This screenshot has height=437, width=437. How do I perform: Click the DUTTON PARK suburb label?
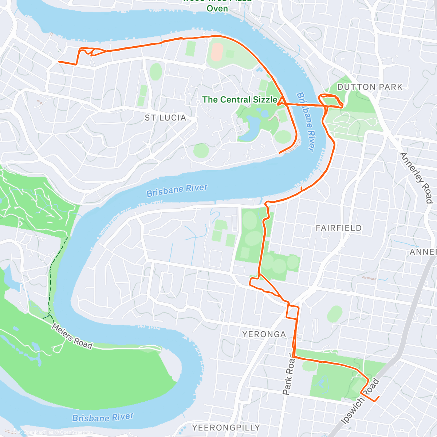tap(370, 87)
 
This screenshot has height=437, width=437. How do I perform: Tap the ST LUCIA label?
tap(165, 118)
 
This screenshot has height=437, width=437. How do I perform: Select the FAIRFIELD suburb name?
tap(339, 228)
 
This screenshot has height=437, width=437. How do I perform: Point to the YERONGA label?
tap(264, 334)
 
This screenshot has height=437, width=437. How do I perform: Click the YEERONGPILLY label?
tap(226, 428)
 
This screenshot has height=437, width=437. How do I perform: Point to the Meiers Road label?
tap(72, 336)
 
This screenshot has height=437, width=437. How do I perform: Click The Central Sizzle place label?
tap(240, 99)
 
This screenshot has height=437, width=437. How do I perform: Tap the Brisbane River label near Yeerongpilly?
tap(103, 417)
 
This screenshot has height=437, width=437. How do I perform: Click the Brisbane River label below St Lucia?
tap(177, 190)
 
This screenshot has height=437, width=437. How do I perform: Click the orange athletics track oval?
tap(217, 52)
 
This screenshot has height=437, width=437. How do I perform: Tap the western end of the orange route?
tap(59, 62)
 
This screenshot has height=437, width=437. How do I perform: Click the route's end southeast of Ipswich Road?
tap(379, 397)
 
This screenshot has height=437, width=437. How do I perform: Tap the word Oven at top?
tap(217, 8)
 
